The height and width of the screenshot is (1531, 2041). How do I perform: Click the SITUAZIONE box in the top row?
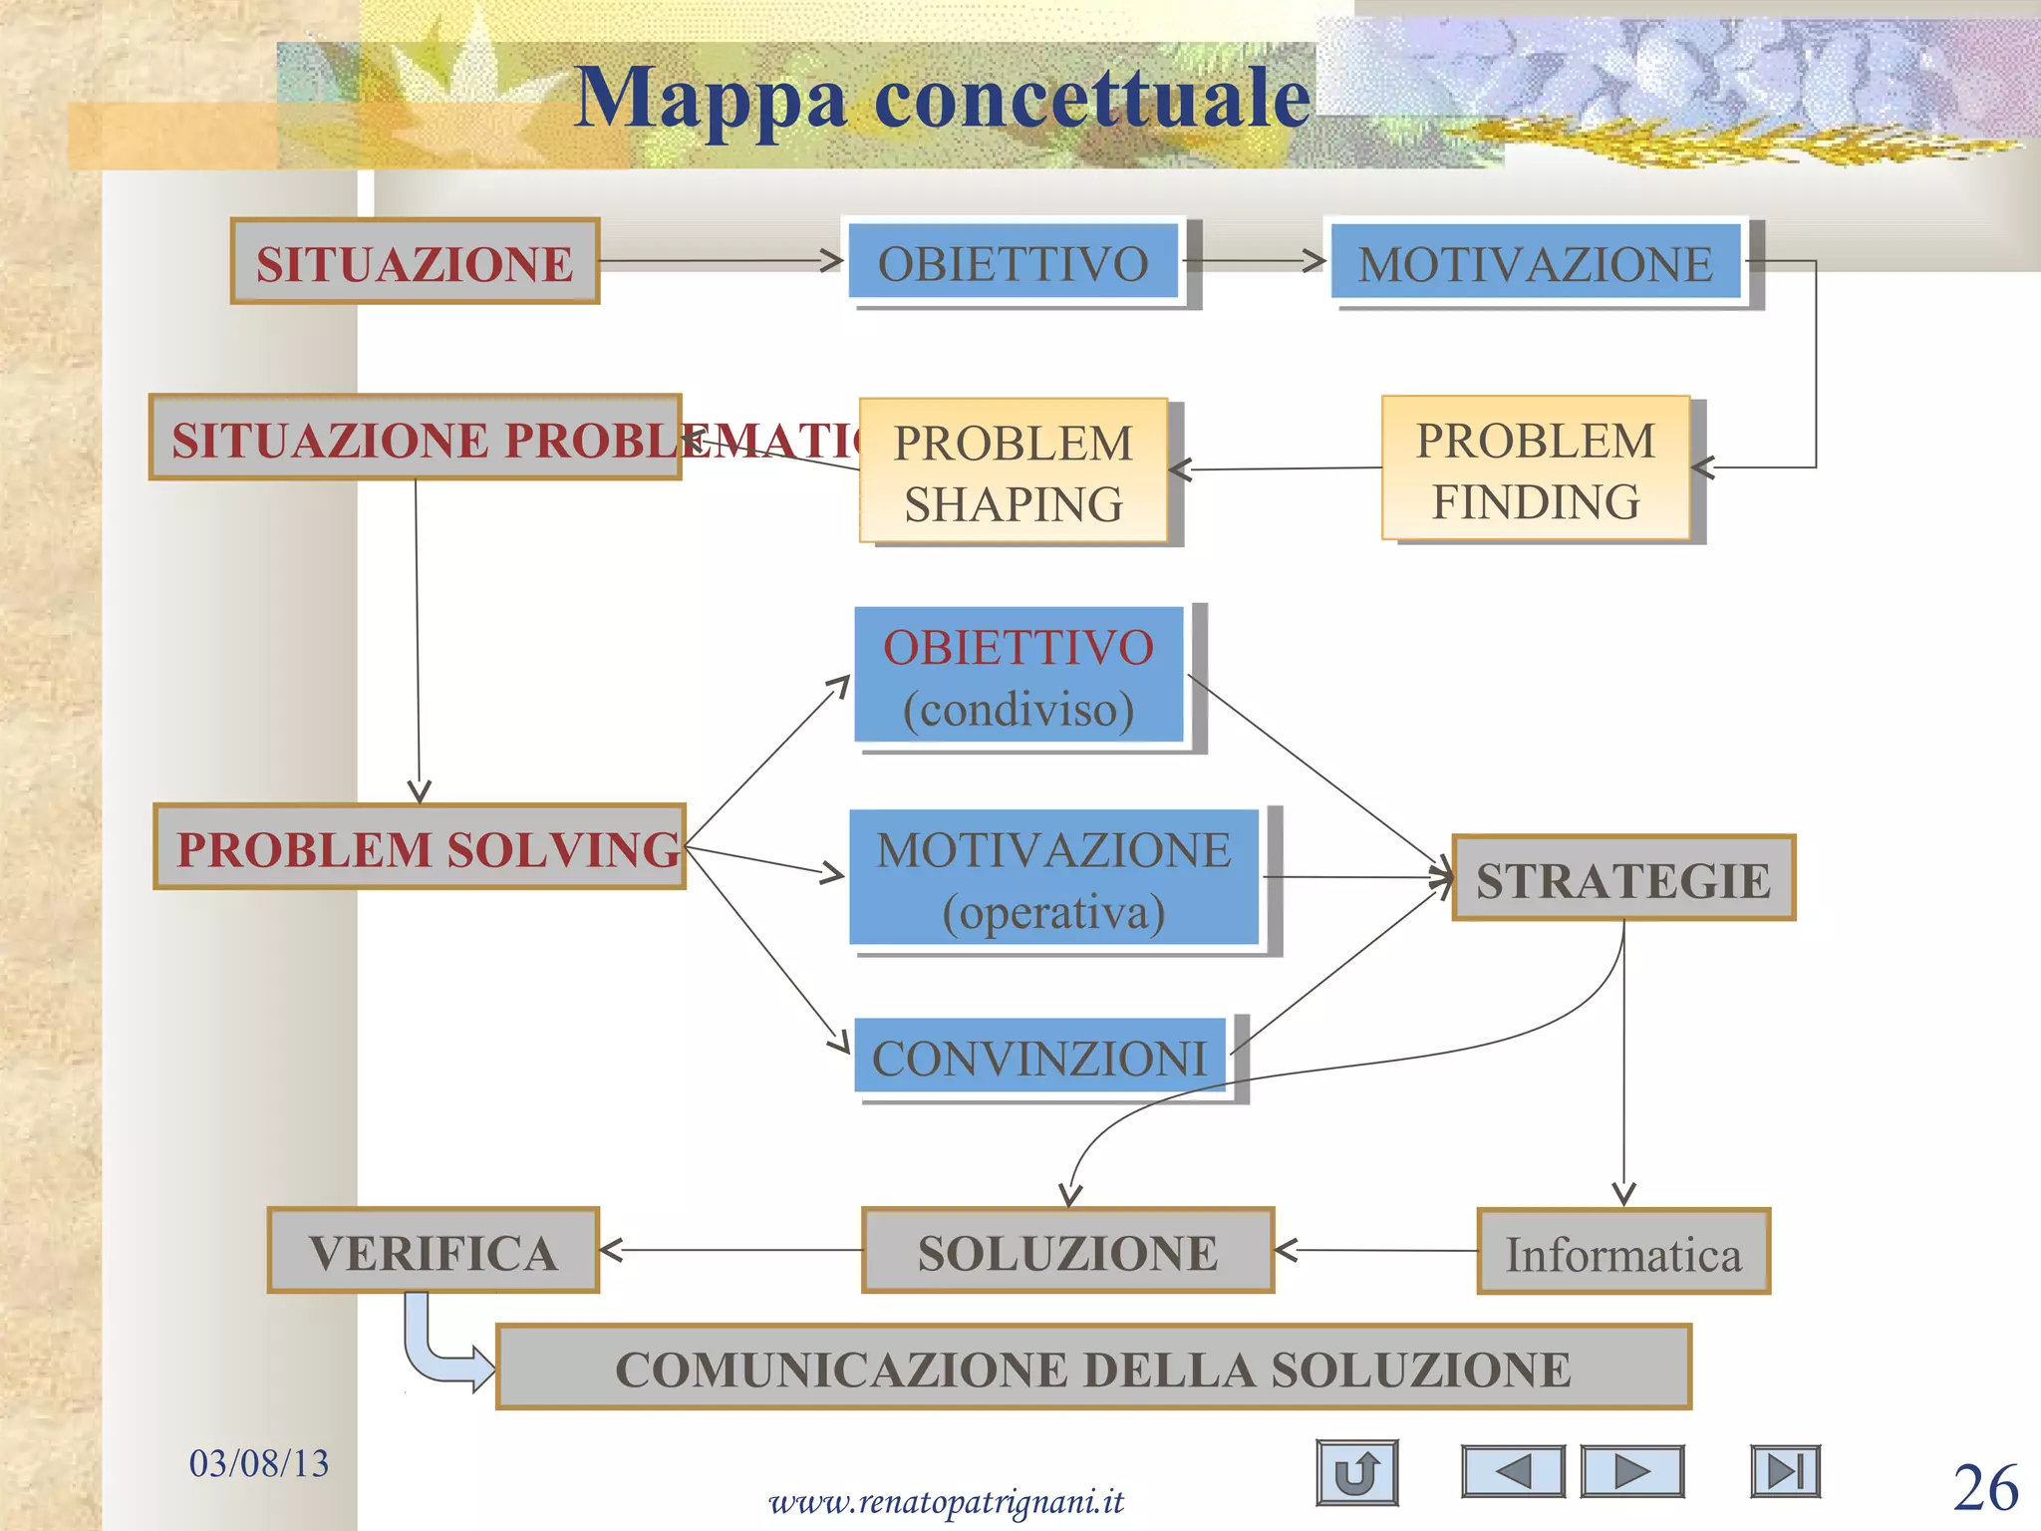415,261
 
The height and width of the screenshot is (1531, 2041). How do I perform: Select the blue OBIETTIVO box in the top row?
1014,261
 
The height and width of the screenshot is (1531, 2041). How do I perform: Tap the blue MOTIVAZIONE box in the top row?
1536,261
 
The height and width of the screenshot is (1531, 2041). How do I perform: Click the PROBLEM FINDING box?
1536,468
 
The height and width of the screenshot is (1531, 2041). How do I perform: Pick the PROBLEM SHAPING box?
1014,471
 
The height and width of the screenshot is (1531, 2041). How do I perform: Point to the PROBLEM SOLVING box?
420,846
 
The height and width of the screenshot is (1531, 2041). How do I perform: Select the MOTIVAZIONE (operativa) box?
1053,878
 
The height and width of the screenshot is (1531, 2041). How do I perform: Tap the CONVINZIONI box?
1039,1056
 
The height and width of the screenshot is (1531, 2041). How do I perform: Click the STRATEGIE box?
1623,878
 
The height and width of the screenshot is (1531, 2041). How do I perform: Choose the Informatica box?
1623,1252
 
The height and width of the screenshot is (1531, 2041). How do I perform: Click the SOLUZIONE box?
1067,1251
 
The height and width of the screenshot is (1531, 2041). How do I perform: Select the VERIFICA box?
434,1251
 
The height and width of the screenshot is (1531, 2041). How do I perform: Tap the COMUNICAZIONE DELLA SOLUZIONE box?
1093,1367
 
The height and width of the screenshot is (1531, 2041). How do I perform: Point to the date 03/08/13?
259,1462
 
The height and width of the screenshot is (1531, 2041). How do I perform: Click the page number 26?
1985,1487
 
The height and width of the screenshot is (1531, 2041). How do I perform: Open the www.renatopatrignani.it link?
946,1500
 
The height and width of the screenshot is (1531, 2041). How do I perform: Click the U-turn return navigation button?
1356,1472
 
